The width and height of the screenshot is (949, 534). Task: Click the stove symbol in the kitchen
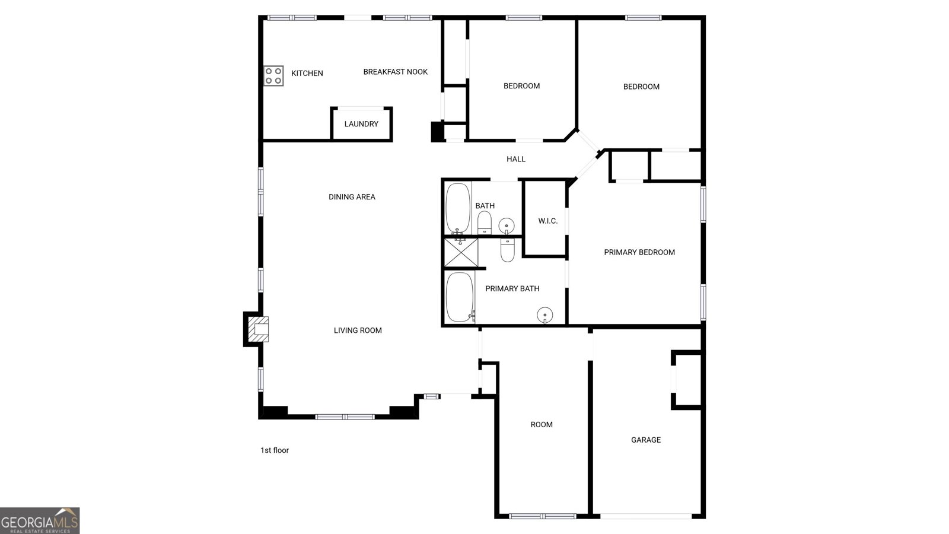273,76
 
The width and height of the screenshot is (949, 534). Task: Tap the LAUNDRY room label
361,124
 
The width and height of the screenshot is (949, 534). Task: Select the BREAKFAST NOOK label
395,72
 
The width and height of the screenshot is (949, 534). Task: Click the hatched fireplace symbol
258,329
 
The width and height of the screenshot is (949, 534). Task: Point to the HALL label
516,159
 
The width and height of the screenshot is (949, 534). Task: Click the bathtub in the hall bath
458,208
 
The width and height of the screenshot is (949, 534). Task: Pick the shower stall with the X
461,253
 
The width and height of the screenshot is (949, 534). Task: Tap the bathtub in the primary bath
460,297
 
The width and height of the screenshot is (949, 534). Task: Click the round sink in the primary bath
545,315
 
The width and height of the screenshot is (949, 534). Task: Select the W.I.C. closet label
548,221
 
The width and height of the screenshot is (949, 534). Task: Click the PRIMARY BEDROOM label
639,252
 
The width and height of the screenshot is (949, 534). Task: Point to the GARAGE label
646,440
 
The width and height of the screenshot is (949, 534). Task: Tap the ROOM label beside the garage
542,425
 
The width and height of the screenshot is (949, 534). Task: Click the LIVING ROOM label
358,330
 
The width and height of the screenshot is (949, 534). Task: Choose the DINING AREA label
352,196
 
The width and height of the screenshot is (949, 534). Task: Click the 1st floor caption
275,450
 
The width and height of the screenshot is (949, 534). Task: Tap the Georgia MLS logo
40,520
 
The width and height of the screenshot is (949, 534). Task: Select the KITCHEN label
307,74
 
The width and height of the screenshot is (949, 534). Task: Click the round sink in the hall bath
507,225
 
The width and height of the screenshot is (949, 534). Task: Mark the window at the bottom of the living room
345,417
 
